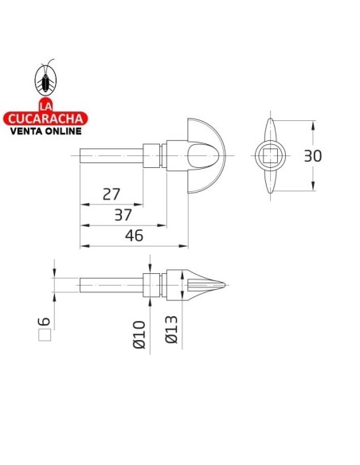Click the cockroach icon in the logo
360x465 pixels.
[x=45, y=79]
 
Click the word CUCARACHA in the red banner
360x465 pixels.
[x=45, y=119]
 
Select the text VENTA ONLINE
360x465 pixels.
[x=45, y=133]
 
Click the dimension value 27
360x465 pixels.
[x=112, y=193]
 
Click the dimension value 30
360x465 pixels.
[x=313, y=156]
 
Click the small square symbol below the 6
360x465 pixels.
[x=45, y=335]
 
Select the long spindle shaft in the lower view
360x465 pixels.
[x=112, y=284]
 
